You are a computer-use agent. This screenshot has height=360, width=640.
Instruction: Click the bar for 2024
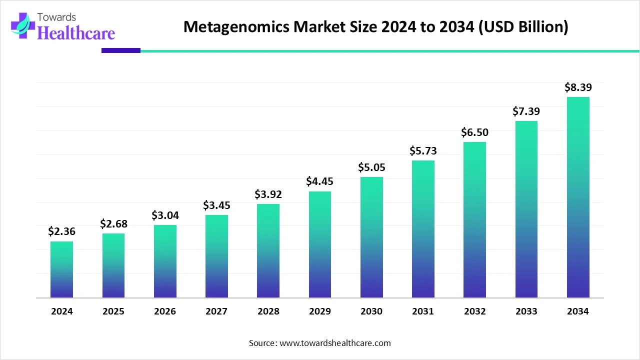(x=61, y=270)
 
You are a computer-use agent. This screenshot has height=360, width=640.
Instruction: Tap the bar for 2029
(x=319, y=244)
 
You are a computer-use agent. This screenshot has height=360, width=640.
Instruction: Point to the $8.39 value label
(x=578, y=87)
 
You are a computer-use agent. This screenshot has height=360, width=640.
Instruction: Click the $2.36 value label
(x=61, y=231)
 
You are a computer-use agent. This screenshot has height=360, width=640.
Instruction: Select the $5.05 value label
(x=371, y=167)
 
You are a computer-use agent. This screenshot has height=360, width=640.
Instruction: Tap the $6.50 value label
(x=474, y=132)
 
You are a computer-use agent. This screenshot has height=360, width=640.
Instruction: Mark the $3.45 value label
(x=216, y=205)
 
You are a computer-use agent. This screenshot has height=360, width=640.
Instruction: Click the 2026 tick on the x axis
(x=165, y=311)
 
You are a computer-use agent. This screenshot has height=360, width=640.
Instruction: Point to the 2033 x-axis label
(x=526, y=311)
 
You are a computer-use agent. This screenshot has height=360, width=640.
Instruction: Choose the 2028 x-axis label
(x=268, y=311)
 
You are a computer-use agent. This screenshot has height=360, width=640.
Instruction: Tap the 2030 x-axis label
(x=371, y=311)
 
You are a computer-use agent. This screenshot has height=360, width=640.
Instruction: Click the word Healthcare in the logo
(x=76, y=33)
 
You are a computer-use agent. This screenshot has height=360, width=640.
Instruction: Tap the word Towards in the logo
(x=58, y=17)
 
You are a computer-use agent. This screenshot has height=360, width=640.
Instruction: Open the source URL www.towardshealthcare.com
(x=334, y=343)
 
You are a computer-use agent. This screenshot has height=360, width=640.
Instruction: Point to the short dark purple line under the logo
(x=121, y=50)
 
